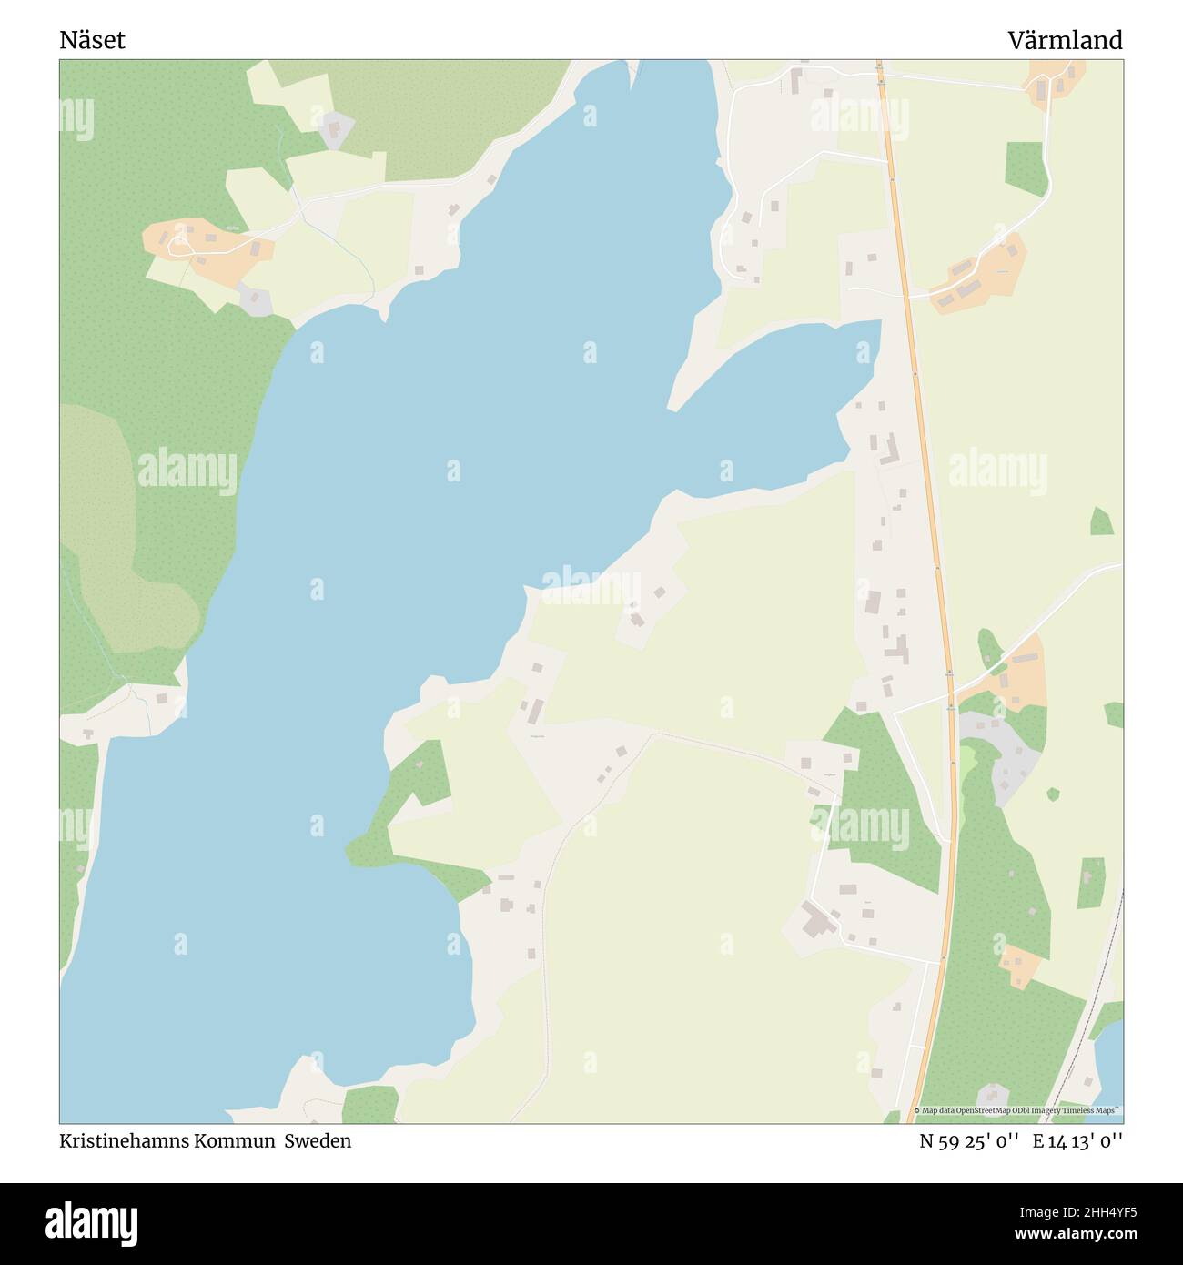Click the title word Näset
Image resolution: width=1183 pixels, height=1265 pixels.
(x=92, y=40)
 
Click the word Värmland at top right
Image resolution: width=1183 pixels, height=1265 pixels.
(x=1065, y=40)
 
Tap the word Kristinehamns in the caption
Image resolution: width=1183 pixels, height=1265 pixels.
(x=120, y=1141)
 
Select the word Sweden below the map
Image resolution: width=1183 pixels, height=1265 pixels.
(x=318, y=1141)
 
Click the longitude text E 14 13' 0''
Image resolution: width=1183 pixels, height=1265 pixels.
(x=1077, y=1141)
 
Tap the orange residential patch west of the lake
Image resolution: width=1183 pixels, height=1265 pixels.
(x=200, y=250)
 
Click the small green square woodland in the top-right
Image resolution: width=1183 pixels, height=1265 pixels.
(x=1026, y=168)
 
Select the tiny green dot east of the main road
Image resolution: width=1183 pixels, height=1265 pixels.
(x=1053, y=794)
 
